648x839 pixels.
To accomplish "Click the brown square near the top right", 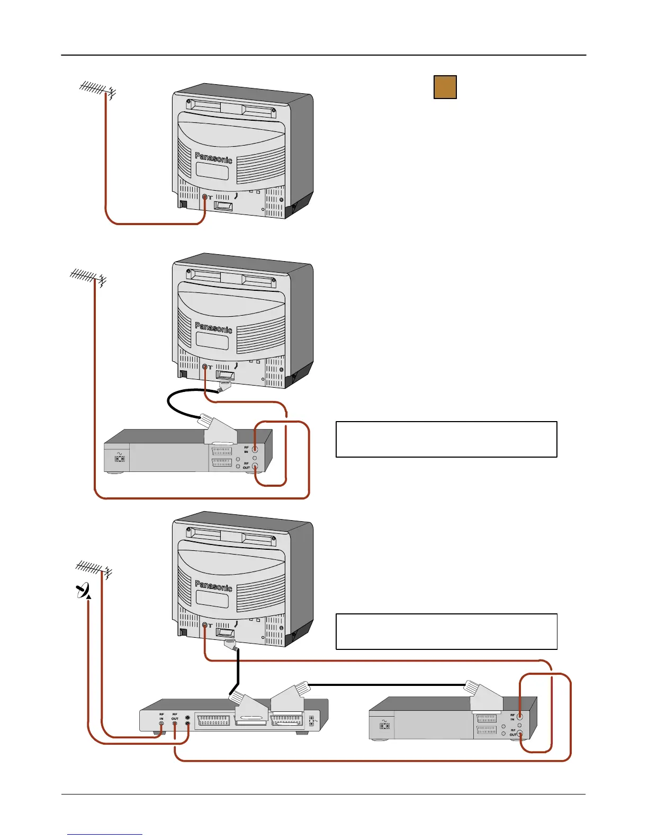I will pyautogui.click(x=445, y=87).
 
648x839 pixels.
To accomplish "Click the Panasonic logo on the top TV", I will pyautogui.click(x=213, y=157).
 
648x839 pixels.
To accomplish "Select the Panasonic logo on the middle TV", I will pyautogui.click(x=213, y=327).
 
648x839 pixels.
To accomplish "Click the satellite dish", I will pyautogui.click(x=84, y=590).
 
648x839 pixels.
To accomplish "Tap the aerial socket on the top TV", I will pyautogui.click(x=205, y=197).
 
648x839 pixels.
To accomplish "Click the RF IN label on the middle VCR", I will pyautogui.click(x=246, y=449).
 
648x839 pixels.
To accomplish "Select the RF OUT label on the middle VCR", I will pyautogui.click(x=246, y=466).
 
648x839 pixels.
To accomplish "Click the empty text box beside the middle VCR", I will pyautogui.click(x=446, y=439).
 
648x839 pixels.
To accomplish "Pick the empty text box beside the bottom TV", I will pyautogui.click(x=446, y=631).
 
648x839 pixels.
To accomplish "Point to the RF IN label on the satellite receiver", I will pyautogui.click(x=161, y=716).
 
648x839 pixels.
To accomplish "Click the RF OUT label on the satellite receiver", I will pyautogui.click(x=175, y=716).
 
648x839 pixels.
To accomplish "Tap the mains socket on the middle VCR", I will pyautogui.click(x=120, y=459).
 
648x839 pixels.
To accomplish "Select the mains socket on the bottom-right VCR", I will pyautogui.click(x=385, y=726).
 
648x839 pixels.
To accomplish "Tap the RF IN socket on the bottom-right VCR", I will pyautogui.click(x=520, y=717).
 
